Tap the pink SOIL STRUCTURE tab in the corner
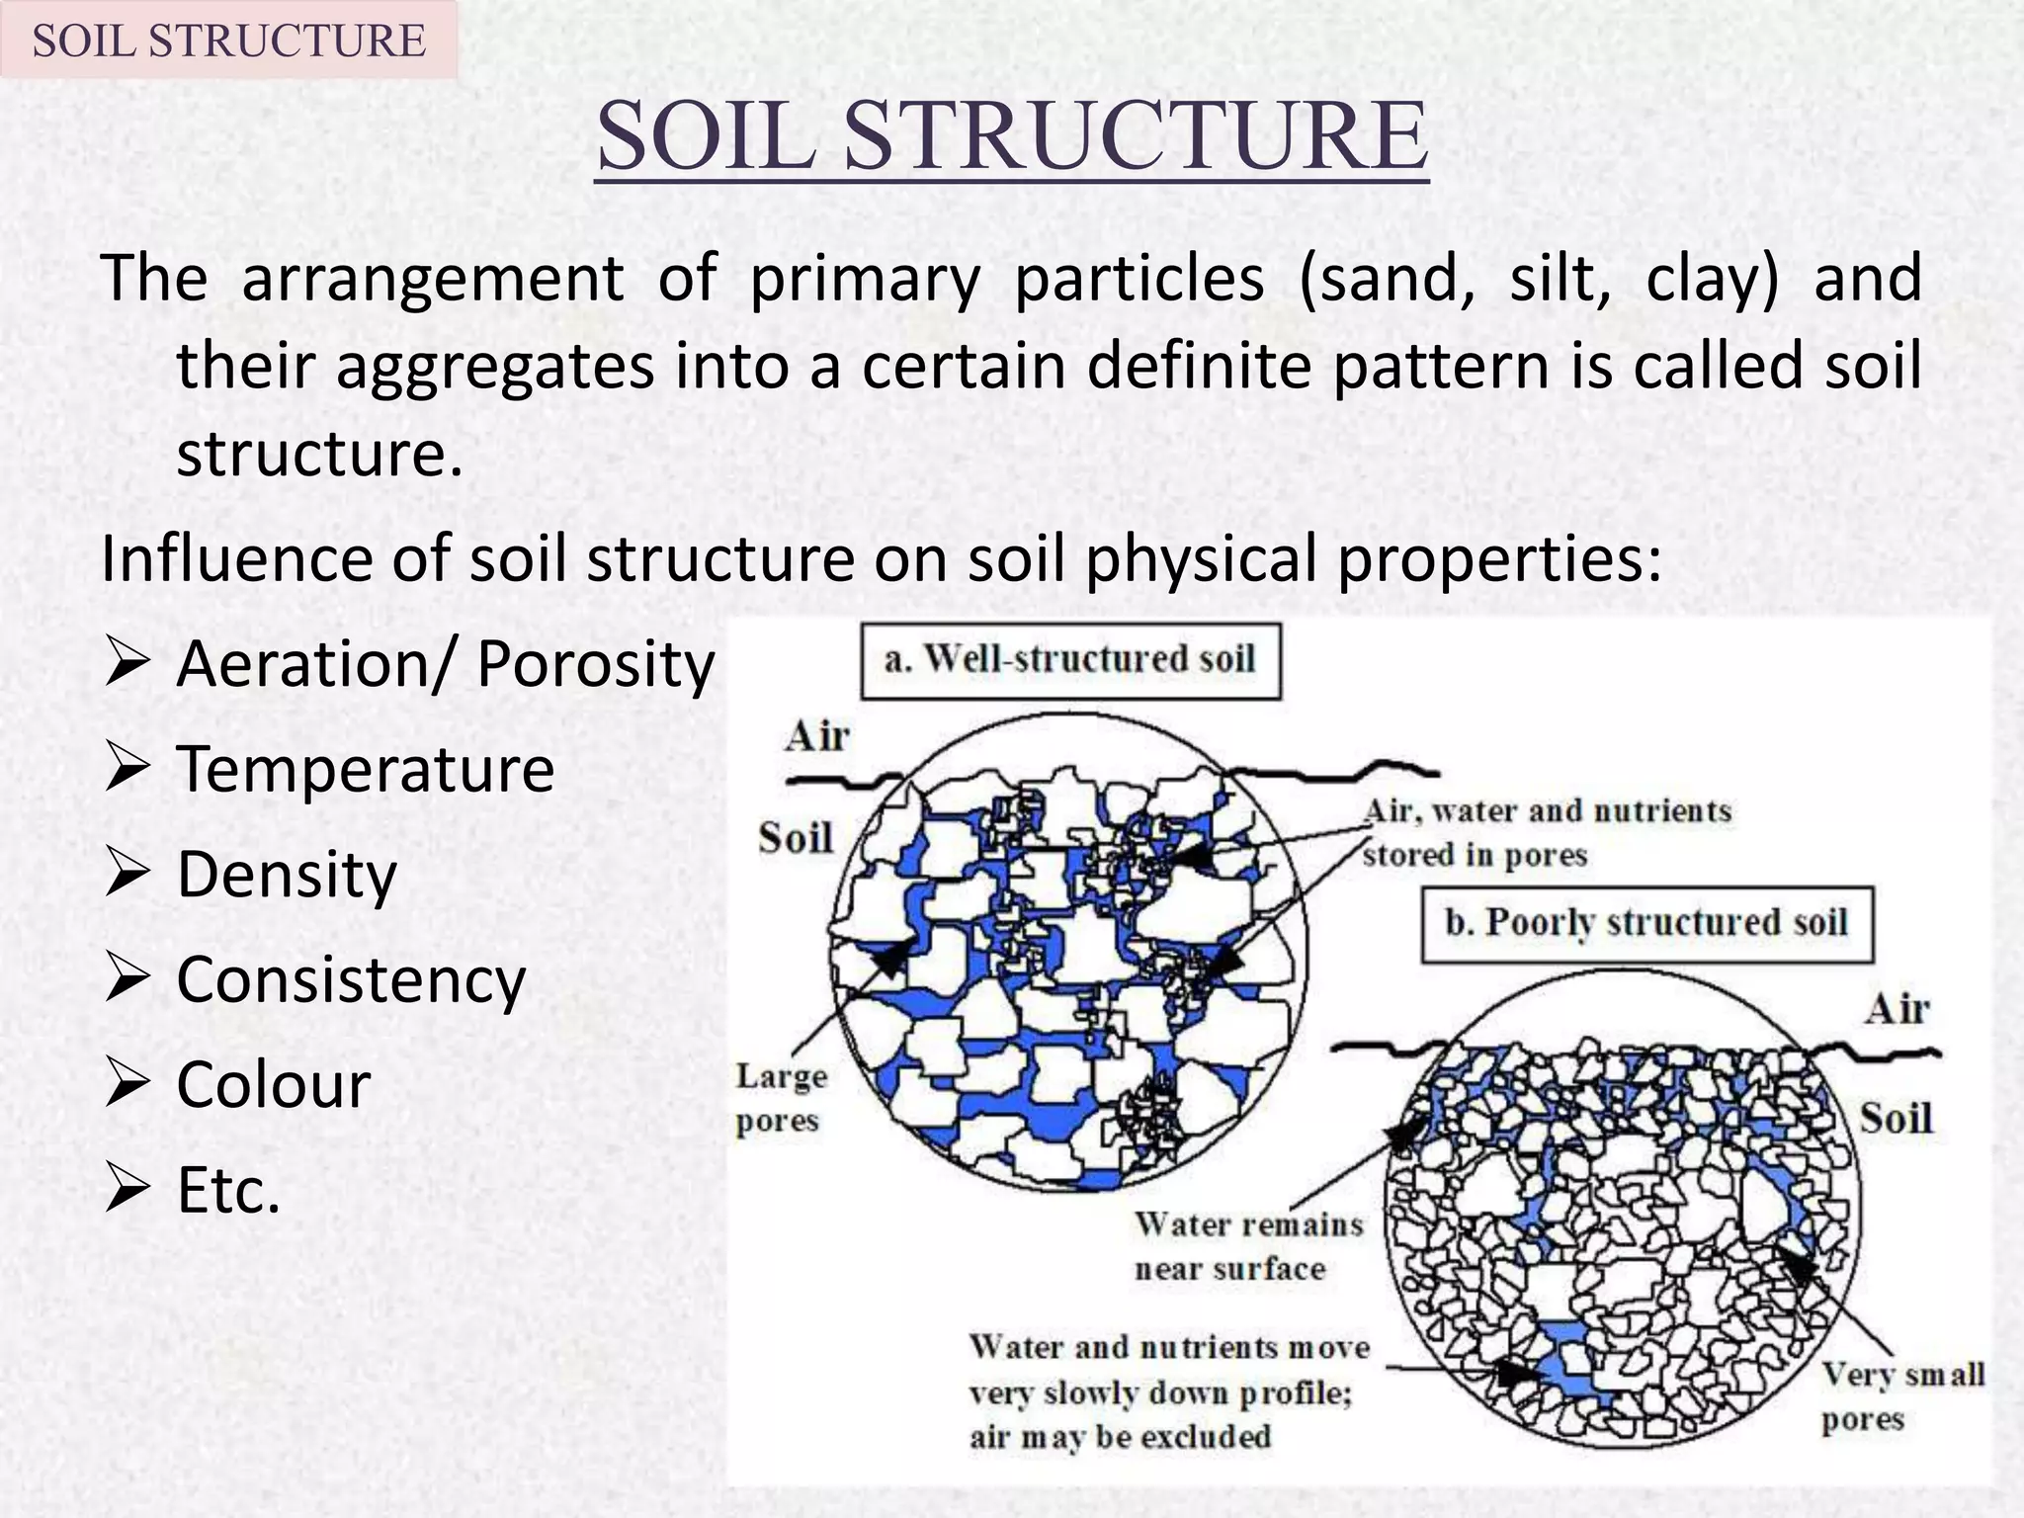tap(228, 41)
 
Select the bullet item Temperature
tap(365, 769)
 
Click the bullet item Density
tap(287, 875)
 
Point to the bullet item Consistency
tap(351, 979)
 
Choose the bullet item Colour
tap(273, 1084)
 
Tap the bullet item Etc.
tap(228, 1190)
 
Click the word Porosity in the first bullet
tap(595, 663)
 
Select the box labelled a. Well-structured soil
tap(1070, 660)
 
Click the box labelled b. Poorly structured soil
tap(1646, 923)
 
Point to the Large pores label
tap(781, 1098)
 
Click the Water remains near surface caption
tap(1248, 1246)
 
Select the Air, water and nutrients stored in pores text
tap(1547, 832)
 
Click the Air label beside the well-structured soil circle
tap(817, 736)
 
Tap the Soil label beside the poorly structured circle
tap(1896, 1119)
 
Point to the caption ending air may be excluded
tap(1168, 1392)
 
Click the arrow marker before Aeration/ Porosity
tap(126, 663)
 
